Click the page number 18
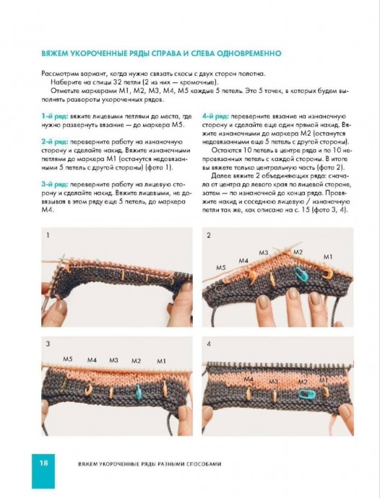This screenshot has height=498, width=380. [43, 463]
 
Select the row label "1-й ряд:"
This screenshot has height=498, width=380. [55, 116]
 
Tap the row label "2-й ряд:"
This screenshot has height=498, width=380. [55, 142]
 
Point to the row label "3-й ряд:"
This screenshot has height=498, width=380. [55, 185]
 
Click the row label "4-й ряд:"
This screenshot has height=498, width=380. [216, 116]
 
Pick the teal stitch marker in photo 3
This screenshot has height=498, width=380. [138, 392]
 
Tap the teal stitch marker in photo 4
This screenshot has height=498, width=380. [307, 395]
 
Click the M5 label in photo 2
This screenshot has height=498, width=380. [220, 268]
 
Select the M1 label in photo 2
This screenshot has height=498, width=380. [327, 257]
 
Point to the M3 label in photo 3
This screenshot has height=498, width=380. [113, 360]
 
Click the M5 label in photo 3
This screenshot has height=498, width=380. [68, 359]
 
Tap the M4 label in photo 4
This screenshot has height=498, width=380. [249, 379]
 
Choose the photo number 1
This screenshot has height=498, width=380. [48, 235]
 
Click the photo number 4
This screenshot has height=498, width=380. [209, 344]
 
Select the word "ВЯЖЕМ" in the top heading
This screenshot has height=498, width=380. [55, 53]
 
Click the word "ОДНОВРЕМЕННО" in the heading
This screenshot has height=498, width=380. [249, 53]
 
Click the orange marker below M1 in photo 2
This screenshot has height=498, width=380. [327, 274]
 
